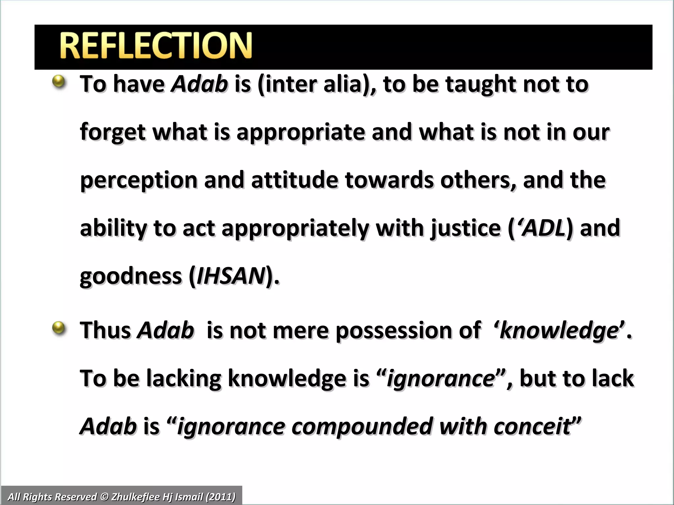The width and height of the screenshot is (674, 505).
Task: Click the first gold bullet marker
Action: tap(59, 81)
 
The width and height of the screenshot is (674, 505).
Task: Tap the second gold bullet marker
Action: tap(59, 328)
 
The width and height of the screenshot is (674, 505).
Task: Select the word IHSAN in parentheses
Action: tap(231, 276)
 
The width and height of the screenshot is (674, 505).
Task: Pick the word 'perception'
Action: tap(139, 180)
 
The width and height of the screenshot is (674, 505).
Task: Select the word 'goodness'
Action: tap(131, 276)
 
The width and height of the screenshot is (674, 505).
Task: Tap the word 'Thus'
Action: tap(105, 330)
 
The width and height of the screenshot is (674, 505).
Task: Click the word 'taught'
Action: tap(481, 84)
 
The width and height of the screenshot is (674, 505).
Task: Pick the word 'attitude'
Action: tap(295, 180)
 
